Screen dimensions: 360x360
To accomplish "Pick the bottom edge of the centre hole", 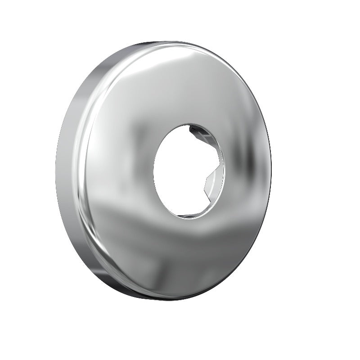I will pyautogui.click(x=187, y=219).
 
